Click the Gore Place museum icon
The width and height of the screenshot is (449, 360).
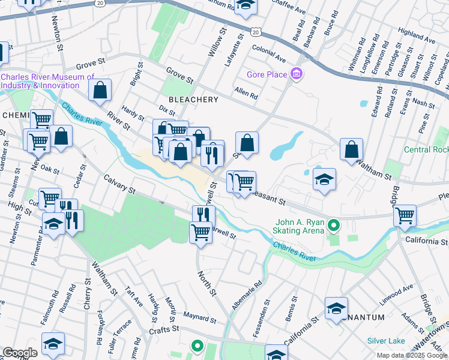[x=296, y=75]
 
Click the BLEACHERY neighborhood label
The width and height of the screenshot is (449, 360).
[x=192, y=98]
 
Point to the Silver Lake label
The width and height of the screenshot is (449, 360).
[x=386, y=340]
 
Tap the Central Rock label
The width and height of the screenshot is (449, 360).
[x=426, y=149]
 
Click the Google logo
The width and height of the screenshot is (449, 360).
[x=20, y=352]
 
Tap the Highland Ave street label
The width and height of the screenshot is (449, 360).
[x=416, y=37]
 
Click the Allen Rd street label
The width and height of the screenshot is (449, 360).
[x=246, y=94]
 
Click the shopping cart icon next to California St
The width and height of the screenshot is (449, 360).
[x=405, y=215]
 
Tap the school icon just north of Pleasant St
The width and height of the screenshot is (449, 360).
[x=324, y=179]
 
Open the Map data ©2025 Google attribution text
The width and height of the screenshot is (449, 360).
[x=412, y=355]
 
